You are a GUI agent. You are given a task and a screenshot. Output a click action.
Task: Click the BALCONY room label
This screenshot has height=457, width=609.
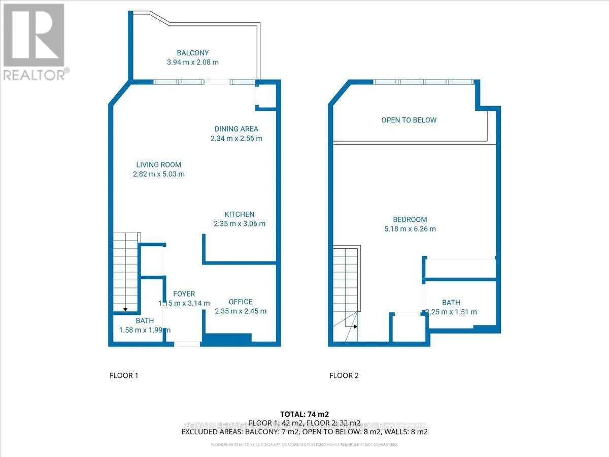(x=193, y=53)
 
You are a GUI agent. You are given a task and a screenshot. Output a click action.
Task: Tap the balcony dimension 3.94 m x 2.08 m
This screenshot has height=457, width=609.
(x=193, y=62)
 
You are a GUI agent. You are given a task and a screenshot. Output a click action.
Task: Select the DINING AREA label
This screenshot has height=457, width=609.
(x=236, y=129)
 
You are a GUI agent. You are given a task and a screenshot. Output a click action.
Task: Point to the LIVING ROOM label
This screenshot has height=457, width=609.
(x=158, y=165)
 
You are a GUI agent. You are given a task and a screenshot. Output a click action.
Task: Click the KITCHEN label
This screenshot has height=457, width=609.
(x=240, y=214)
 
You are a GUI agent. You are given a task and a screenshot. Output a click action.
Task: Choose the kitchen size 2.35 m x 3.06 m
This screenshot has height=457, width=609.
(x=240, y=223)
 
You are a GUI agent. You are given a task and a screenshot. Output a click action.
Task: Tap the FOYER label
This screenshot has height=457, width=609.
(x=184, y=294)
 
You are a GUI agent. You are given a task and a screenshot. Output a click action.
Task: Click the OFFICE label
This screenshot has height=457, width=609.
(x=240, y=302)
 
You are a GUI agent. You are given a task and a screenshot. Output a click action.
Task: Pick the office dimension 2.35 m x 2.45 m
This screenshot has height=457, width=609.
(x=241, y=311)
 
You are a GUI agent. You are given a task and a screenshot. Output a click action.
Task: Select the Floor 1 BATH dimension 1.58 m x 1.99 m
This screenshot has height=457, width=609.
(x=144, y=330)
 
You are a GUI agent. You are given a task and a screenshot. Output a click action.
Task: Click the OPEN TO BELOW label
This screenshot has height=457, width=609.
(x=409, y=120)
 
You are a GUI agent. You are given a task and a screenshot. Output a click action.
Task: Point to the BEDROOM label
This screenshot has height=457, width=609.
(x=410, y=219)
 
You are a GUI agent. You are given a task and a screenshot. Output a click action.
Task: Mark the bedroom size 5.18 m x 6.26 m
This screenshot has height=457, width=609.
(x=410, y=229)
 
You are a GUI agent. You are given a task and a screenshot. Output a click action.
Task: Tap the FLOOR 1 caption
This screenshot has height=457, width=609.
(x=124, y=376)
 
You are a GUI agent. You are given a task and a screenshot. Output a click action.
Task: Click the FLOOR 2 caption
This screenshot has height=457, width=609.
(x=344, y=376)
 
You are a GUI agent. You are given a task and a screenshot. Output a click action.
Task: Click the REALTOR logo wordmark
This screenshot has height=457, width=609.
(x=35, y=75)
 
